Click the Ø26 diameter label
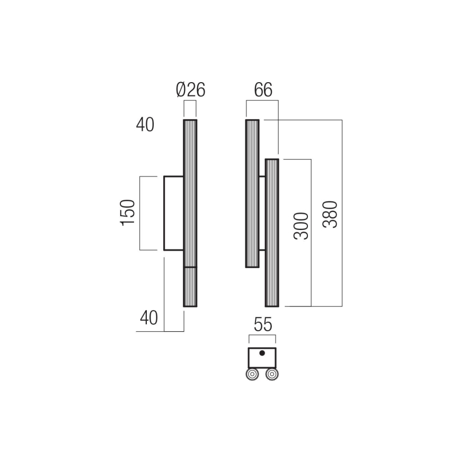pos(190,91)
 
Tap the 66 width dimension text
pos(263,91)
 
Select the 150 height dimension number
pos(129,213)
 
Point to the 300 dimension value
pos(300,226)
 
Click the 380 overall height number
pos(330,214)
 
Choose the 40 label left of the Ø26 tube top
pos(145,125)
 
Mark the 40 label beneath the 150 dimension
pos(149,318)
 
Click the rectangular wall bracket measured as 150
pos(173,213)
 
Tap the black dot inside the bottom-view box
pos(262,353)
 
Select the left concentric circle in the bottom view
pos(252,374)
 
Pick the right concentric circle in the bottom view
pos(272,374)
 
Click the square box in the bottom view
pos(262,357)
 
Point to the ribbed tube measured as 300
pos(272,233)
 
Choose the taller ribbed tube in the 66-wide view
pos(252,193)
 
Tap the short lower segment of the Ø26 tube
pos(190,287)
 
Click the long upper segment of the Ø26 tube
pos(190,193)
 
